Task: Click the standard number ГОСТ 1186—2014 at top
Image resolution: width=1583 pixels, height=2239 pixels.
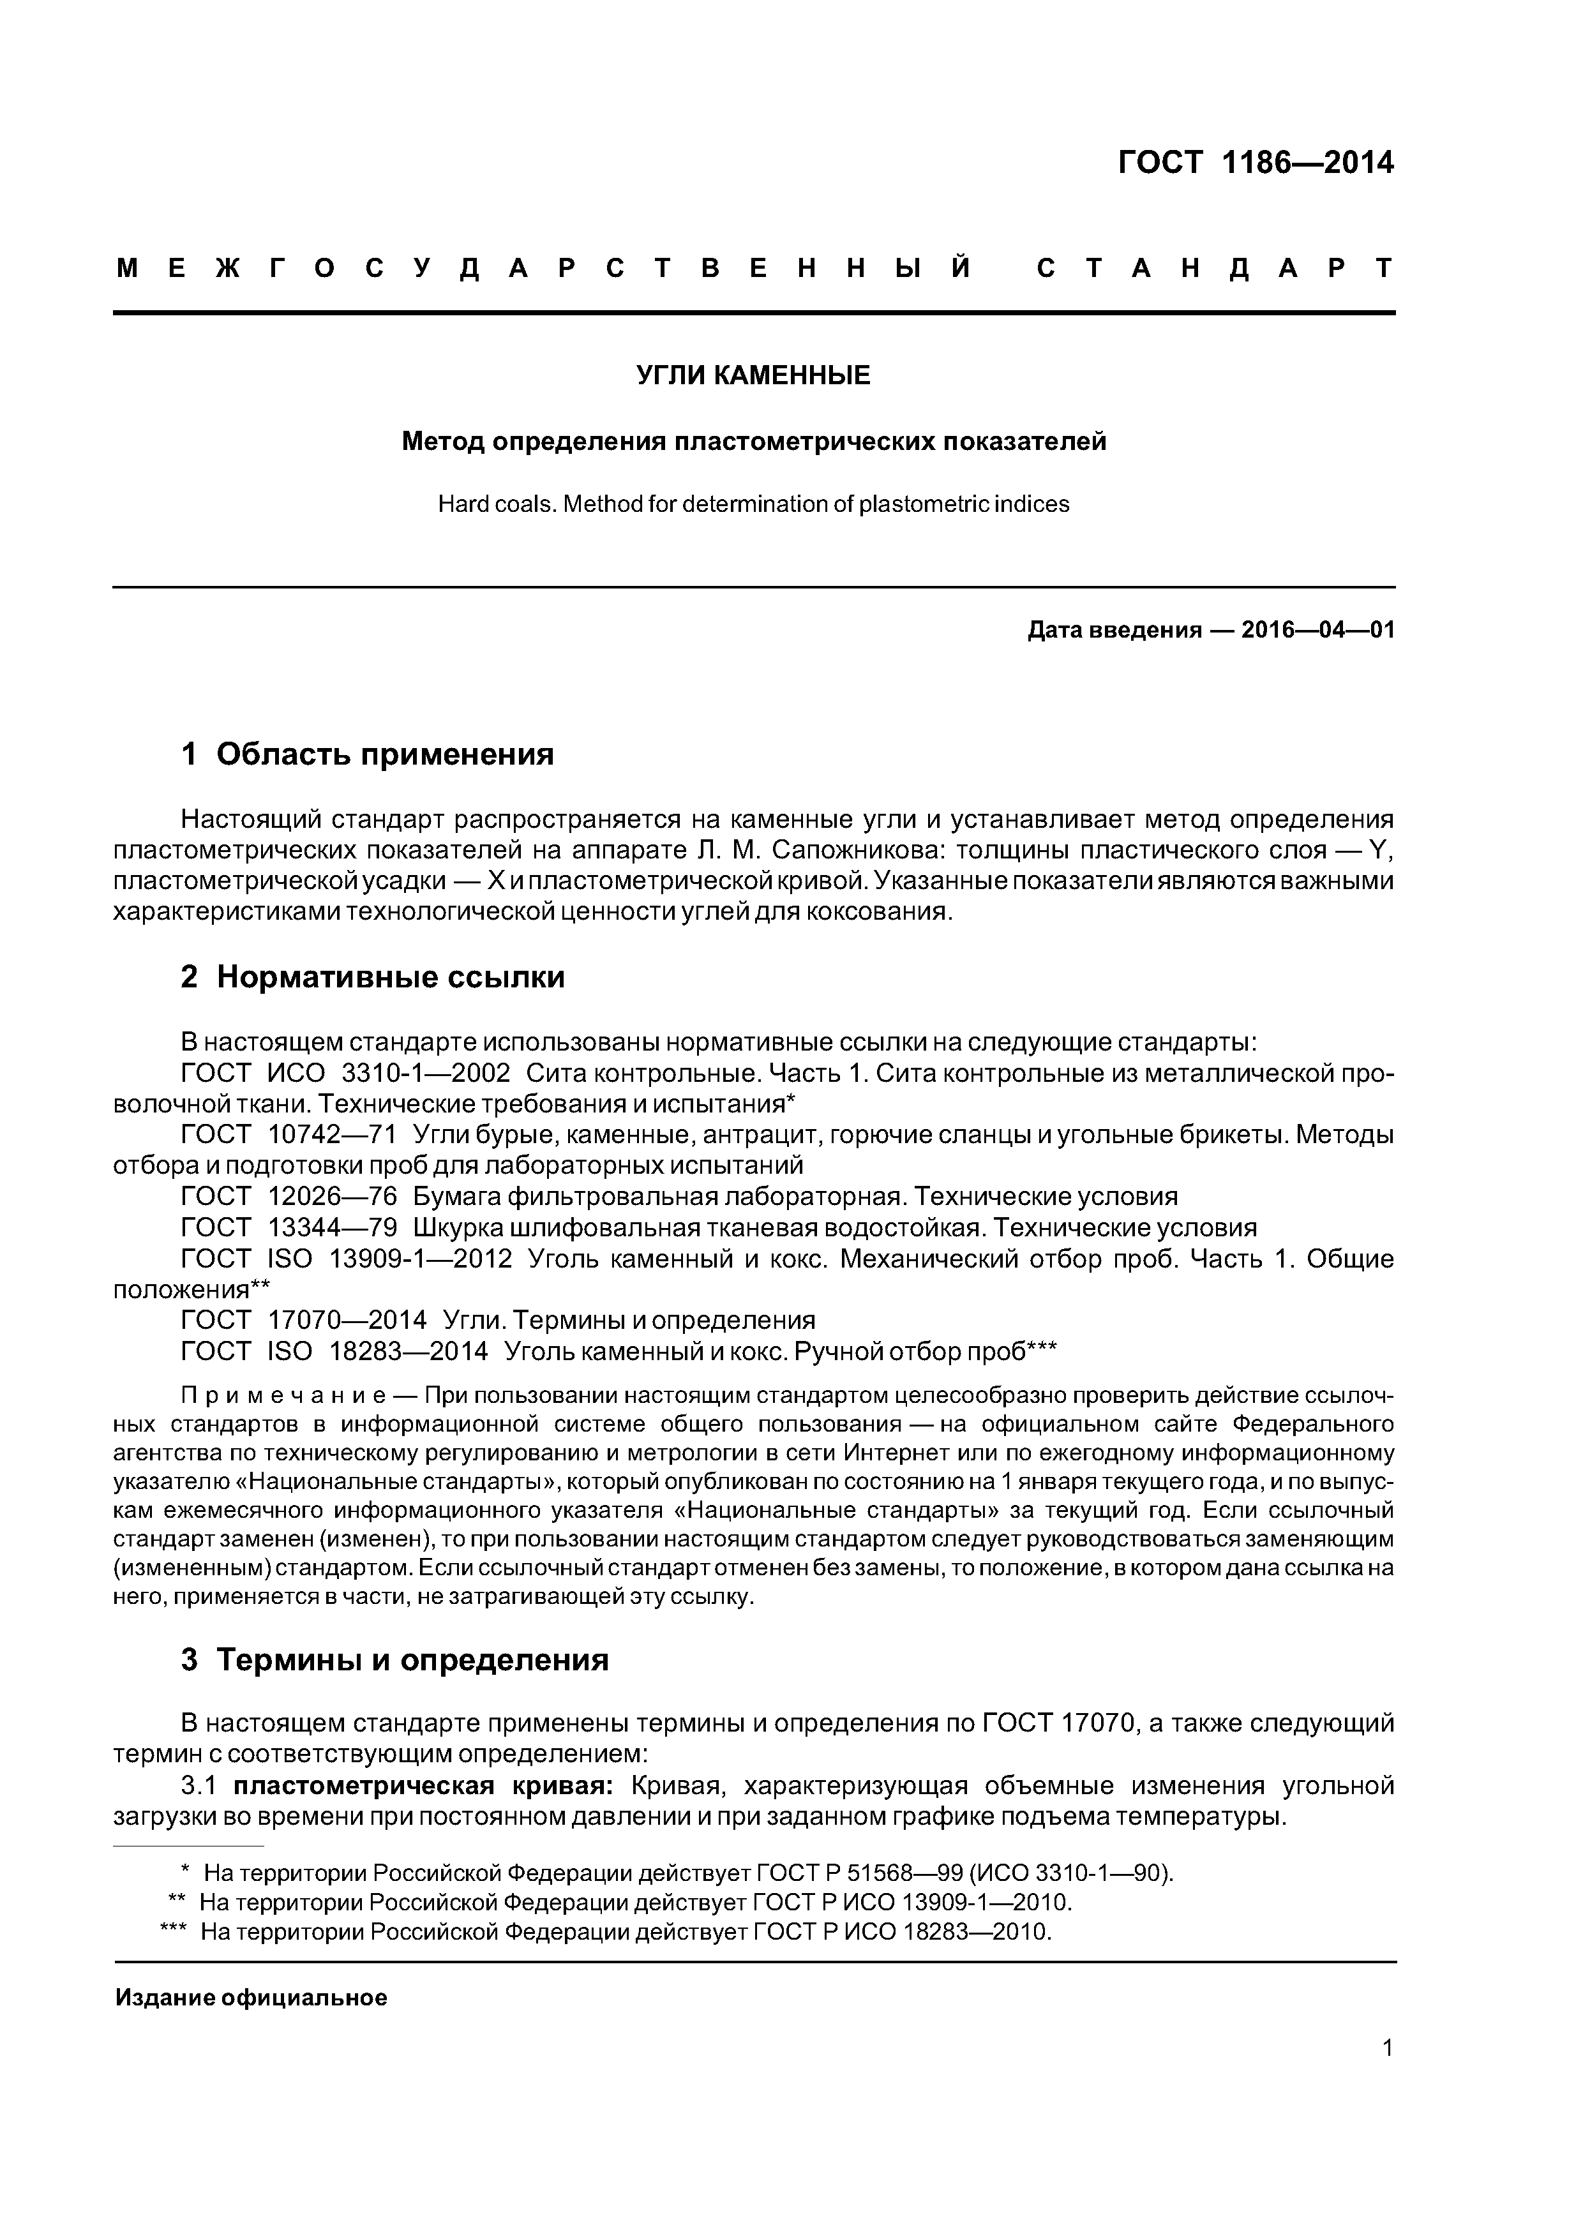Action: (1256, 162)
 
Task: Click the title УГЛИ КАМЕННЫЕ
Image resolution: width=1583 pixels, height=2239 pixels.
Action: (753, 375)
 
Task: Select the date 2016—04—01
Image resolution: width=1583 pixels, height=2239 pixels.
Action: (1317, 630)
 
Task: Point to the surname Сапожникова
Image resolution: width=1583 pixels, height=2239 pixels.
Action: (853, 850)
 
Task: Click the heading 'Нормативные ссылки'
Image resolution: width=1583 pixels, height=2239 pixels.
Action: (390, 977)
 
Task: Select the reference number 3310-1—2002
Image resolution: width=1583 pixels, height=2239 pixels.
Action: (425, 1074)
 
